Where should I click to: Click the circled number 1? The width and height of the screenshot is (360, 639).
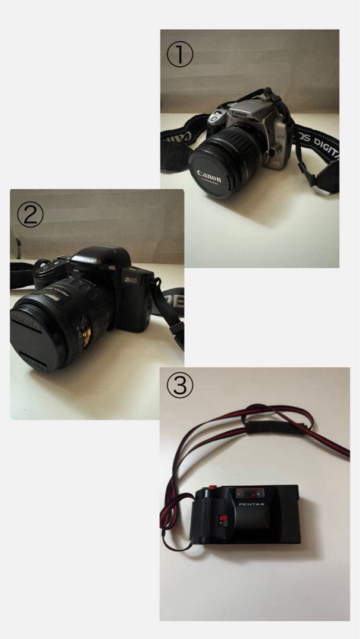179,55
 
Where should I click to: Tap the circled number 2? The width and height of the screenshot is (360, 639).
30,215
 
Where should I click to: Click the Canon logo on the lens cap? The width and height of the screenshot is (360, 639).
209,176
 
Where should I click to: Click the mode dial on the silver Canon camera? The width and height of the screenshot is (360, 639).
214,117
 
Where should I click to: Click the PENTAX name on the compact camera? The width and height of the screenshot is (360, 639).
251,504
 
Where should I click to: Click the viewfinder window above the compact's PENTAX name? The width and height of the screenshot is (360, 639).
247,492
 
